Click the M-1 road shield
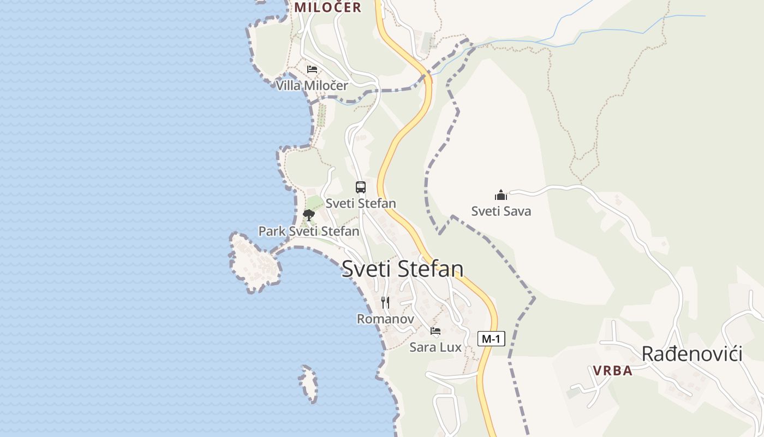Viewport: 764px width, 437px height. pos(491,339)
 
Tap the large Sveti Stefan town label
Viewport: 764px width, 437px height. pos(403,269)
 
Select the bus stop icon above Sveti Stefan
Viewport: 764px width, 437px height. pos(361,187)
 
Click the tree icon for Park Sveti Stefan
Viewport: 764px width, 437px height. pos(309,215)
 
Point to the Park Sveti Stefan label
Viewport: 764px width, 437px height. pos(309,231)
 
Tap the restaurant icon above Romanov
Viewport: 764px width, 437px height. pos(386,303)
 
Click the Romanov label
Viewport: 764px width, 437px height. pos(386,318)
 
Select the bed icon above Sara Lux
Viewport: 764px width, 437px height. pos(435,331)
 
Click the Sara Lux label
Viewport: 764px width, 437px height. pos(435,347)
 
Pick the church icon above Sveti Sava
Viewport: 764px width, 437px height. pos(501,194)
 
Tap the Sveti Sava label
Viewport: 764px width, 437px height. pos(501,211)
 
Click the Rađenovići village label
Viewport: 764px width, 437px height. pos(691,354)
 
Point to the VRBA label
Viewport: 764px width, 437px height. pos(613,370)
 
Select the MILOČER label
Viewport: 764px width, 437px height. pos(328,7)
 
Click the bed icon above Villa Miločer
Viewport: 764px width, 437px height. pos(312,69)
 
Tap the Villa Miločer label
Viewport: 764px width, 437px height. pos(312,86)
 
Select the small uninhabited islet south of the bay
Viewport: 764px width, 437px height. pos(309,383)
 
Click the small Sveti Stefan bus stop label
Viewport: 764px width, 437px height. pos(361,203)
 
